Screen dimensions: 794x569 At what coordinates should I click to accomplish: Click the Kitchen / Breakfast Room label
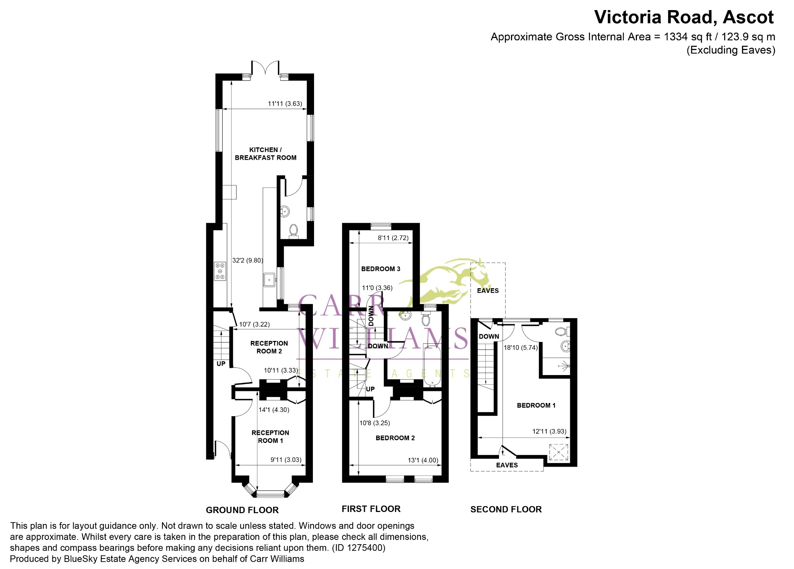click(266, 154)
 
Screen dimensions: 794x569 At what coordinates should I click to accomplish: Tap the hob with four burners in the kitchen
click(220, 271)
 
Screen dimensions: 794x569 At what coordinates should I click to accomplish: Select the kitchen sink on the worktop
click(269, 279)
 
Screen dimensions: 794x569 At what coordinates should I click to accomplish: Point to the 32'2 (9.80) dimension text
click(247, 260)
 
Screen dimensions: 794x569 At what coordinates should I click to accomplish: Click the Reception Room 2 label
click(269, 347)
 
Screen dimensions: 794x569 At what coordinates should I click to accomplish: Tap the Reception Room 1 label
click(270, 436)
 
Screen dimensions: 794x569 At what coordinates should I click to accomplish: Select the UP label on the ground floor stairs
click(221, 363)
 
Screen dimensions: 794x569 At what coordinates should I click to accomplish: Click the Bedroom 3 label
click(381, 269)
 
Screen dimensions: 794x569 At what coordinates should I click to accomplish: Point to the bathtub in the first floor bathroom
click(432, 366)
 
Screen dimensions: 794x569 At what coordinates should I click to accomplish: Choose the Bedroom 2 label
click(395, 438)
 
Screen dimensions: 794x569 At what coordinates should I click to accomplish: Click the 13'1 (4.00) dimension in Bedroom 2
click(423, 460)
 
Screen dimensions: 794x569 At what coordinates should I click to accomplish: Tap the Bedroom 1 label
click(536, 405)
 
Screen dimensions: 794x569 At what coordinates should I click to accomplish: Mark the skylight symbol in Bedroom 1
click(559, 452)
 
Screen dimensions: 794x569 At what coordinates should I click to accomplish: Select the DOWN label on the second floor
click(489, 336)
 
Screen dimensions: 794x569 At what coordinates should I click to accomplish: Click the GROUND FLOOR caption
click(242, 510)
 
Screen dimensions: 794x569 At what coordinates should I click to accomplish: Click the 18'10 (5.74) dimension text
click(521, 348)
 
